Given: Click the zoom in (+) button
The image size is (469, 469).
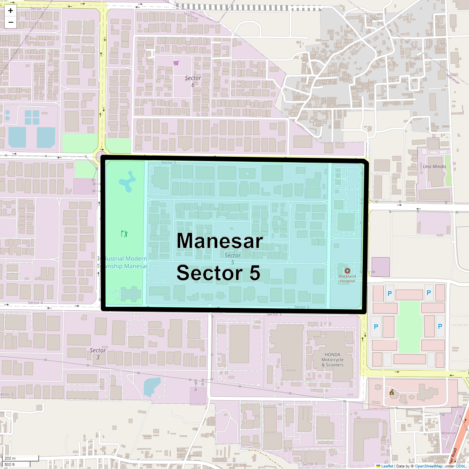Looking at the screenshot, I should coord(11,11).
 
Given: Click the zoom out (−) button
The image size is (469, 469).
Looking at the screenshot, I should coord(11,22).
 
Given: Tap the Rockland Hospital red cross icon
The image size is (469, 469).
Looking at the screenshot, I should coord(347,271).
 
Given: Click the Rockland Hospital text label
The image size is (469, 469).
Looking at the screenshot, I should coord(347,278).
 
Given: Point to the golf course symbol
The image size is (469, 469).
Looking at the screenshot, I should coord(124,234).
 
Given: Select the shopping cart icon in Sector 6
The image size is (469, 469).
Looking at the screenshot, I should coord(176,63).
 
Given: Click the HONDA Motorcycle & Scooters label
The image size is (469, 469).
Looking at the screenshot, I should coord(332,360).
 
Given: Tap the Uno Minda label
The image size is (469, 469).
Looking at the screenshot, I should coord(434,166).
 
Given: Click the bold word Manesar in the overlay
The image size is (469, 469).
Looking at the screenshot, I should coord(220,241).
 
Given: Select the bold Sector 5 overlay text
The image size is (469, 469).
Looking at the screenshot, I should coord(218,273).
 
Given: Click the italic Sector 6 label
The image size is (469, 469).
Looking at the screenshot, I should coord(193,81).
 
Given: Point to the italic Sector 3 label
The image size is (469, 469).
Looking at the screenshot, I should coord(98,353).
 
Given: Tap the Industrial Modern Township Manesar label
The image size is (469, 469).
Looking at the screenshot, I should coord(122,262).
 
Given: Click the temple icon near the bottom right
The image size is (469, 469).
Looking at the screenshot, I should coord(392,392).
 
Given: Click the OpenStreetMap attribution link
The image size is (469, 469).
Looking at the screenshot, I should coord(428,466).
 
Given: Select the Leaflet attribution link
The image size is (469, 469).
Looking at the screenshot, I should coord(387,466).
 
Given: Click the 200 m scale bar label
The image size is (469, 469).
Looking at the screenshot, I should coord(10,458).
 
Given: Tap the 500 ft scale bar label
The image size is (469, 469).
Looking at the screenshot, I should coord(10,464).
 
